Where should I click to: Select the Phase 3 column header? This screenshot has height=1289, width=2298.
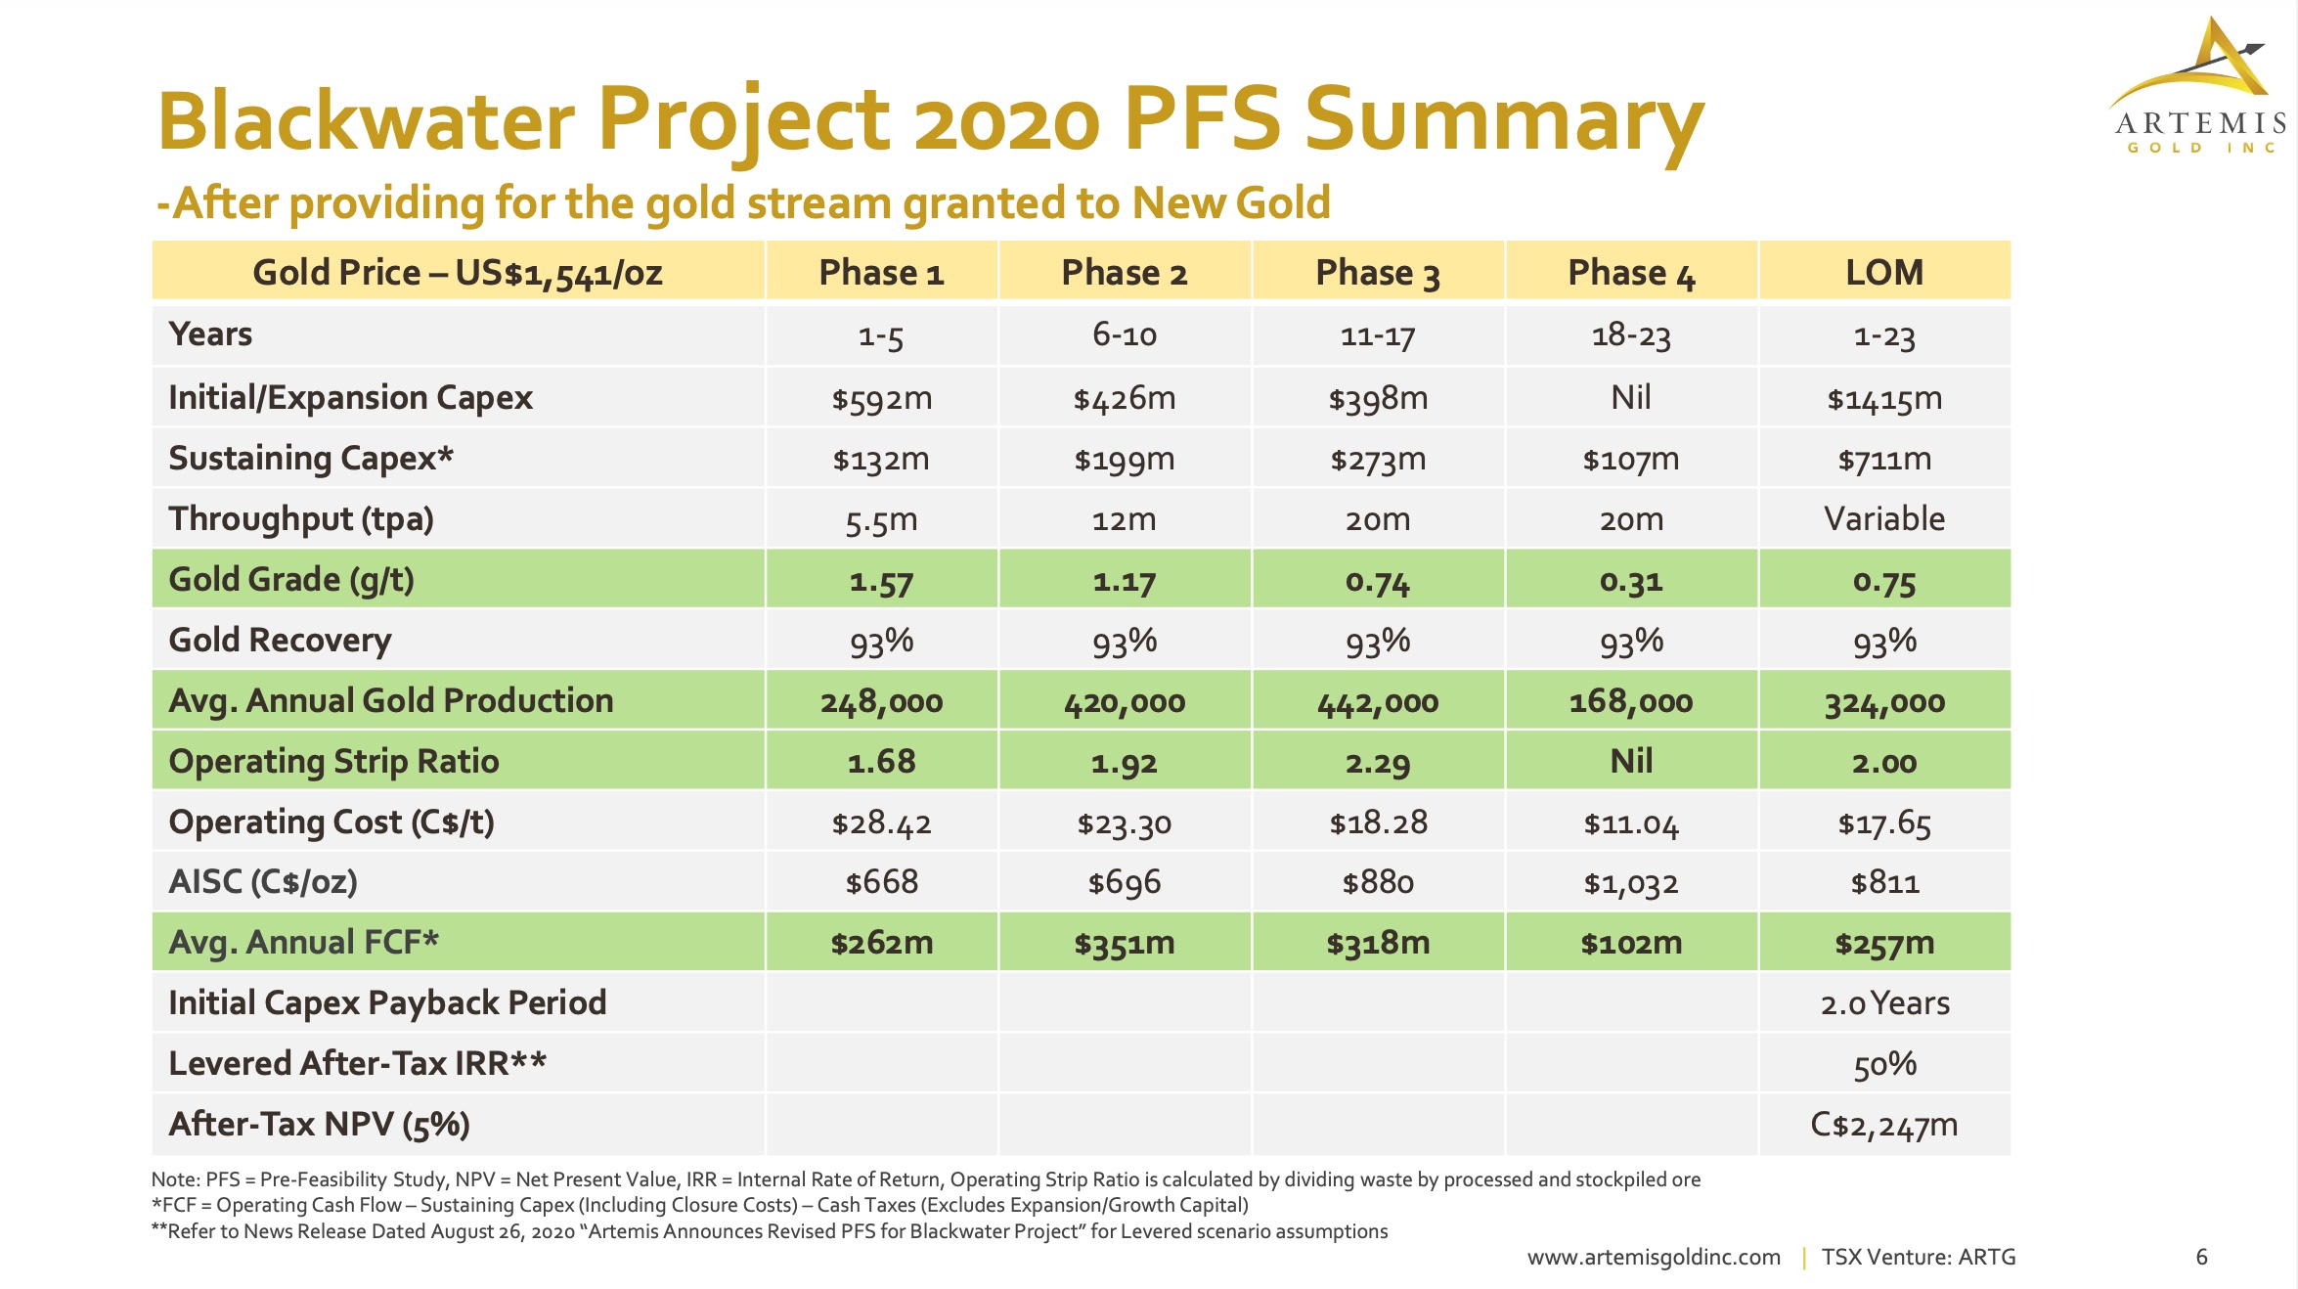1377,273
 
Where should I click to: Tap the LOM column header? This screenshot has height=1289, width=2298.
1883,273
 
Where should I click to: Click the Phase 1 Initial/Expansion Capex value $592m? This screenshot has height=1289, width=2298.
881,398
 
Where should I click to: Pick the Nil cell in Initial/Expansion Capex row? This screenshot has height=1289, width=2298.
1630,398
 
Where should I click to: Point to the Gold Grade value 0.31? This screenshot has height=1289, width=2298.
1630,581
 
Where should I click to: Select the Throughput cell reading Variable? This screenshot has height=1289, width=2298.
1883,519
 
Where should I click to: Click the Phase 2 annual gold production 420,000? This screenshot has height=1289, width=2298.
1124,701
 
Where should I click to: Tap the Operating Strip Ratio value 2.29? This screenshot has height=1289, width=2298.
1377,763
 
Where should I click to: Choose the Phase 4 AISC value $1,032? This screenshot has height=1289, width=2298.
1630,883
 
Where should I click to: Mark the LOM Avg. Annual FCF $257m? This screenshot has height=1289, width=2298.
1883,944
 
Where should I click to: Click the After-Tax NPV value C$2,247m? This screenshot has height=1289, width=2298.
1883,1125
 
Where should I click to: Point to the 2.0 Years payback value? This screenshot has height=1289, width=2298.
1883,1003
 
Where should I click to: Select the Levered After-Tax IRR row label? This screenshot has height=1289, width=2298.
357,1064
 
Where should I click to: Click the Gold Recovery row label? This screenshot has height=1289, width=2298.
280,641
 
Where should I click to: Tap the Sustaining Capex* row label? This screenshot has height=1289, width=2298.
311,459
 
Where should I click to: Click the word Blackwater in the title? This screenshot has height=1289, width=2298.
367,120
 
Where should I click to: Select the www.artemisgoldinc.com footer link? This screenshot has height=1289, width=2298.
1654,1258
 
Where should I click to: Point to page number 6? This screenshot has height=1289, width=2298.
2201,1257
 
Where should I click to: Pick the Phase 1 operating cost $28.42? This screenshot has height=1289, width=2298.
881,822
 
